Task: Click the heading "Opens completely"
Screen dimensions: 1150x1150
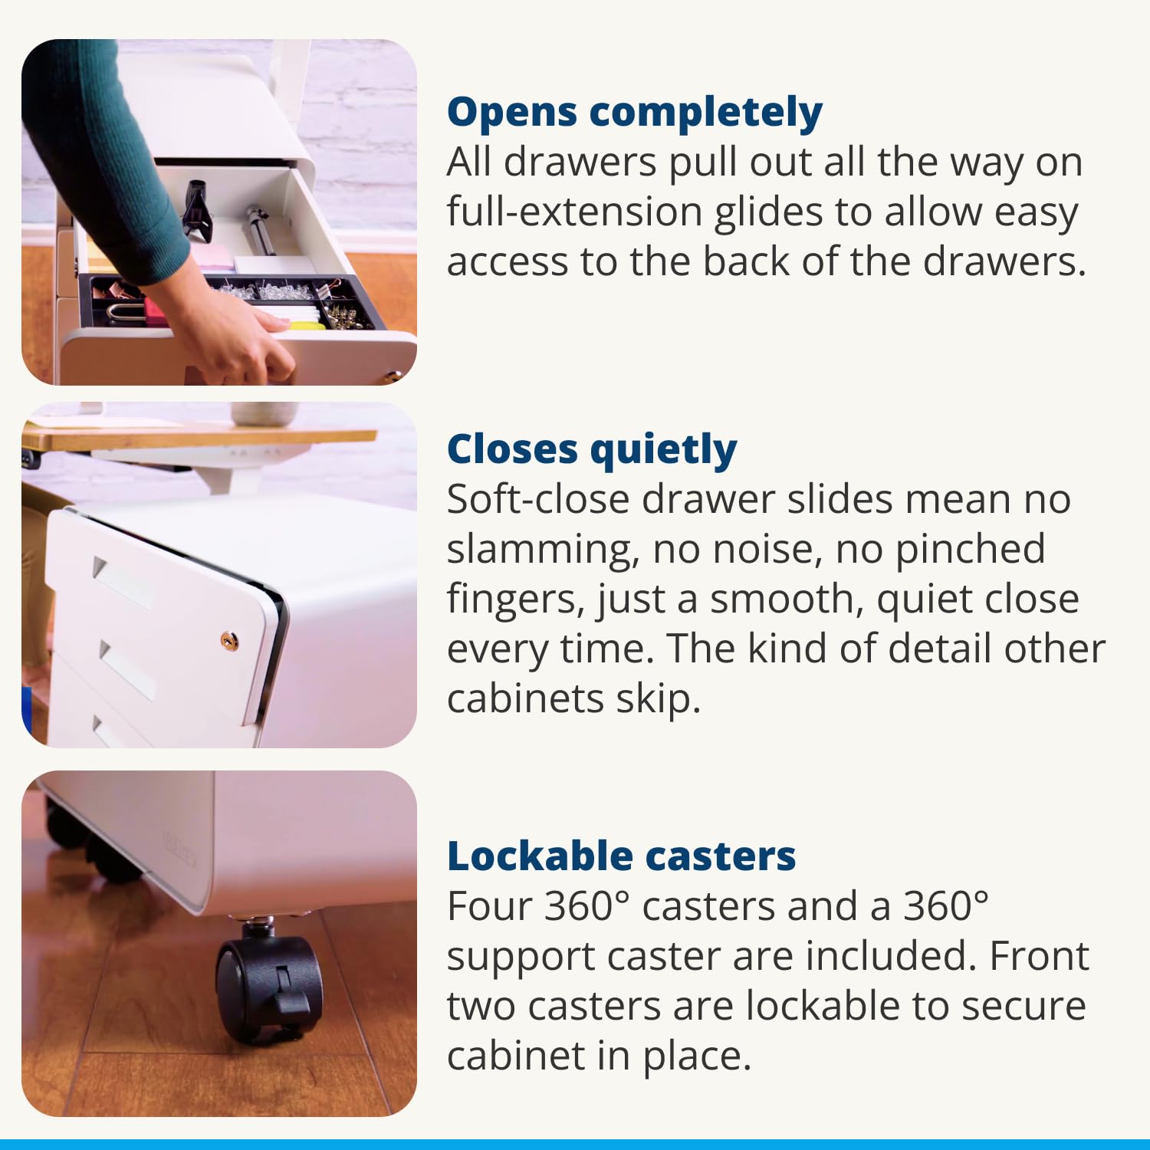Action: coord(635,113)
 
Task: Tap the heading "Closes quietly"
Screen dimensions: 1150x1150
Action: coord(592,450)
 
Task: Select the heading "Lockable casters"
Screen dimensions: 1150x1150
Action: coord(621,856)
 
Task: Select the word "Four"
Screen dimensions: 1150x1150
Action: coord(489,906)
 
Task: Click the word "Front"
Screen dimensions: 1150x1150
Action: coord(1039,956)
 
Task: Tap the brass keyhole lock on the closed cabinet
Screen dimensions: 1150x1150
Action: coord(228,640)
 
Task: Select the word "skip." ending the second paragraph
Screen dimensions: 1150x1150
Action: coord(659,700)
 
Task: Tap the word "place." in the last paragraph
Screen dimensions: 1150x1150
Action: coord(697,1057)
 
